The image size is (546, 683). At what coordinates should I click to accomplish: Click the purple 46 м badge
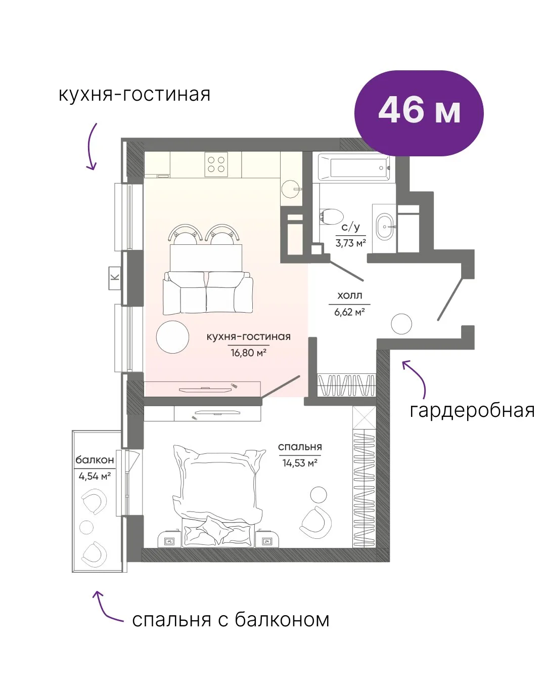tap(419, 113)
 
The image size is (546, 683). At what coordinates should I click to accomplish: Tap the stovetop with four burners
tap(216, 164)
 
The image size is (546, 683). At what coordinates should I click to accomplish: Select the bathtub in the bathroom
tap(357, 167)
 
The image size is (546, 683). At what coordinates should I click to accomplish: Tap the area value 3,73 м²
tap(351, 243)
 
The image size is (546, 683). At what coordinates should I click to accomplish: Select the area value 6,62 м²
tap(349, 312)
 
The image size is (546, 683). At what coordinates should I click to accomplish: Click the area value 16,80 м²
tap(248, 353)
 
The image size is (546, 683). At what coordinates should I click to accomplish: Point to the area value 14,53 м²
tap(300, 463)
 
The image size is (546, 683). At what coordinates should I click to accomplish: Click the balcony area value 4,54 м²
tap(95, 476)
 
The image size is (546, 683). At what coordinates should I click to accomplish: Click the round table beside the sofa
tap(172, 337)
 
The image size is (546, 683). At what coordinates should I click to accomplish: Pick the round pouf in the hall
tap(401, 324)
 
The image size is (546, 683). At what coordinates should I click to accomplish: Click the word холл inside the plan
tap(350, 295)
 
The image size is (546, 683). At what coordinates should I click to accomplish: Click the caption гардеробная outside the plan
tap(472, 411)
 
